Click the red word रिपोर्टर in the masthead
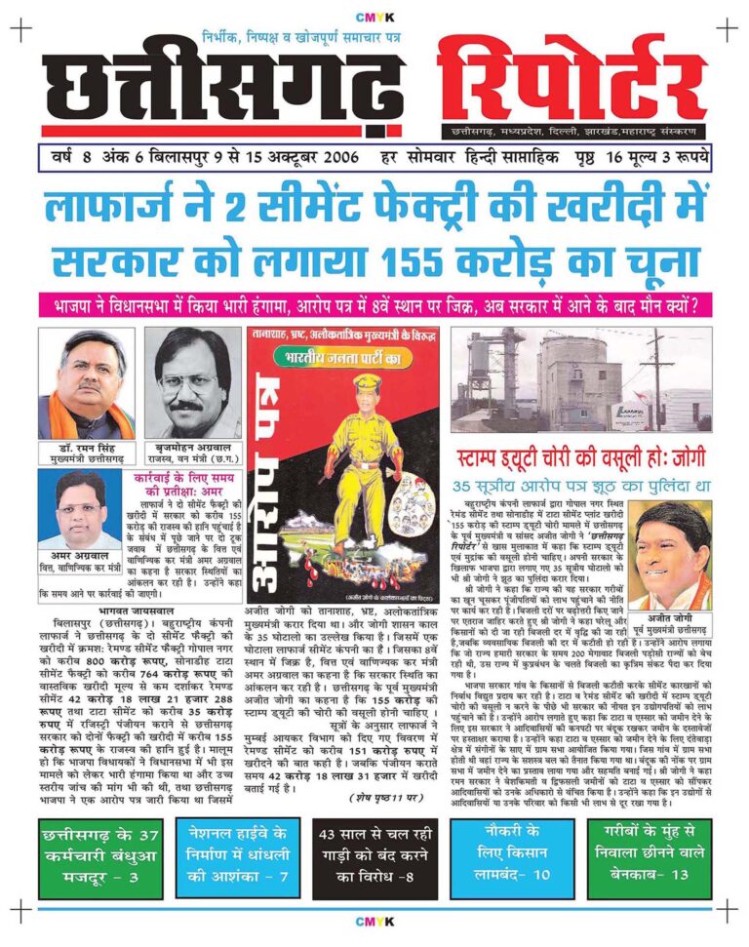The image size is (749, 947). point(573,78)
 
